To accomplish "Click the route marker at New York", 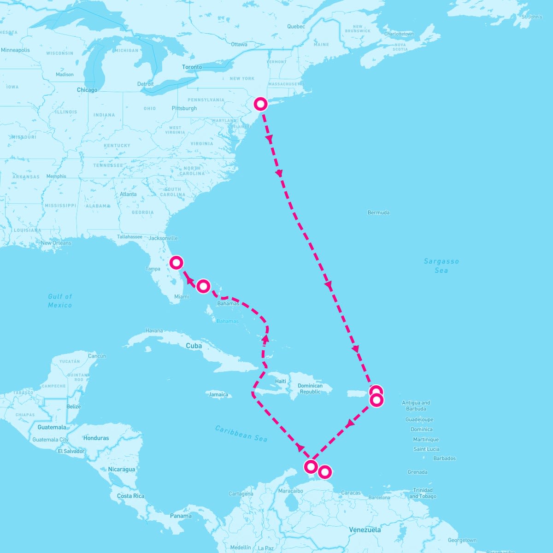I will coord(261,104).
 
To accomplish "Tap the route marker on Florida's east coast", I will coord(176,263).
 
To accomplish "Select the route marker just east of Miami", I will coord(203,286).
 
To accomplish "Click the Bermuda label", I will coord(378,212).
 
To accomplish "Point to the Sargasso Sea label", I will coord(441,265).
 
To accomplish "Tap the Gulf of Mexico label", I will coord(60,300).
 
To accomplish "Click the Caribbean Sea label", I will coord(241,433).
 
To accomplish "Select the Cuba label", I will coord(194,346).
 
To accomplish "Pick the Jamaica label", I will coord(218,394).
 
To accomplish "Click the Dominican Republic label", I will coord(310,388).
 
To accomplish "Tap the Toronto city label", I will coord(192,67).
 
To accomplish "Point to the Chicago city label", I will coord(87,90).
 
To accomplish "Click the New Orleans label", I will coord(56,243).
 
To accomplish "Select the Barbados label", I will coord(444,458).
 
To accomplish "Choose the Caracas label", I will coord(351,493).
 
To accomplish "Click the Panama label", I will coord(181,516).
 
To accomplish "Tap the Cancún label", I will coord(97,356).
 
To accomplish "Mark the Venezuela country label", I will coord(365,529).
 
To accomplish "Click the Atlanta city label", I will coord(128,194).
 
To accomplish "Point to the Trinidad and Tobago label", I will coord(423,493).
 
